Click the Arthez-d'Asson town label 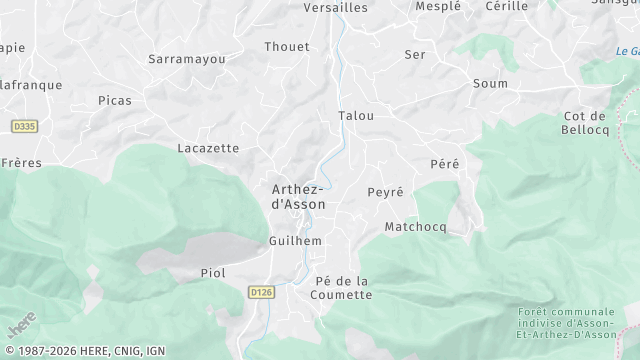click(x=298, y=196)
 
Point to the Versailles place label click(x=336, y=7)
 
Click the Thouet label click(x=287, y=46)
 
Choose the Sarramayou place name click(x=186, y=59)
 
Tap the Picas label click(x=115, y=100)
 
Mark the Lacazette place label click(x=207, y=148)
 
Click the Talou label click(x=356, y=115)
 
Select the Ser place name click(x=415, y=54)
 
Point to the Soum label click(x=490, y=83)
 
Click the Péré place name click(x=444, y=163)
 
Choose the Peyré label click(x=385, y=191)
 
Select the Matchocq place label click(x=415, y=227)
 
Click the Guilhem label click(x=295, y=241)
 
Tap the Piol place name click(x=213, y=272)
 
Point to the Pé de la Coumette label click(x=342, y=287)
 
